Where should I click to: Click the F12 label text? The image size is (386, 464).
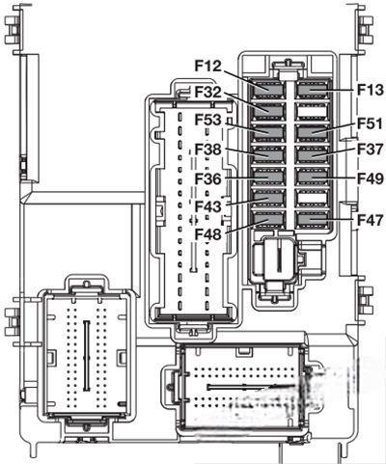[208, 66]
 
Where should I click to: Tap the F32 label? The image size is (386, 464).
[208, 93]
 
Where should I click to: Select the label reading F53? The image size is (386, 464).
[208, 121]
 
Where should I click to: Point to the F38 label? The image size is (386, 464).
[208, 150]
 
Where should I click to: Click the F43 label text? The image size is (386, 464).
[208, 206]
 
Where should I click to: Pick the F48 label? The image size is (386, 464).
[208, 234]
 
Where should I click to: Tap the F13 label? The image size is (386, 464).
[371, 90]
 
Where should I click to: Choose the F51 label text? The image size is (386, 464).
[371, 123]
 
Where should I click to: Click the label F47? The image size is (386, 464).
[371, 220]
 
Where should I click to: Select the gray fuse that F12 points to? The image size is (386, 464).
[267, 90]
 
